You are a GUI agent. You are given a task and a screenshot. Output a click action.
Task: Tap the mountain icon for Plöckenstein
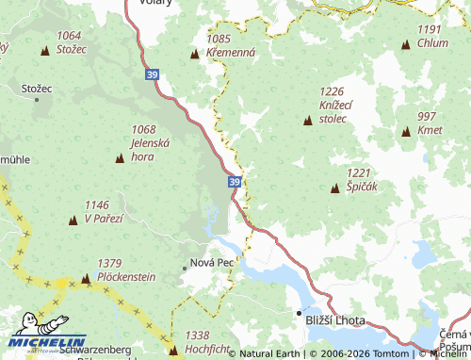point(87,278)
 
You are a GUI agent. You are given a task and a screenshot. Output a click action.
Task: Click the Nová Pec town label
point(212,261)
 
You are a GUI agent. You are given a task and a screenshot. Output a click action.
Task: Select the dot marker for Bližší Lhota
point(300,311)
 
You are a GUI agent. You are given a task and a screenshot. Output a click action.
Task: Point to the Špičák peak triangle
point(334,188)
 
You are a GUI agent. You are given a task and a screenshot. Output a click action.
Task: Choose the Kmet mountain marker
point(406,132)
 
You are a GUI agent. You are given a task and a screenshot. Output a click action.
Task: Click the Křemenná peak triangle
point(195,55)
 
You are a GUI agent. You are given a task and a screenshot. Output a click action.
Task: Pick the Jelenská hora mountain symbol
point(120,158)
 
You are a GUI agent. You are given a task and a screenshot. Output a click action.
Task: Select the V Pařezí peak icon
point(73,221)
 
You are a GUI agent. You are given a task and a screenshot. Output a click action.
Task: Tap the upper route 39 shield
point(154,72)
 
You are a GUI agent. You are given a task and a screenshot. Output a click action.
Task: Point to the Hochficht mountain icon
point(172,351)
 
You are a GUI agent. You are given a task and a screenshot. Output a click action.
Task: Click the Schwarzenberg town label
point(94,350)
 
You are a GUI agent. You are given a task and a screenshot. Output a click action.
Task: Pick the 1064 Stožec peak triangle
point(44,50)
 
